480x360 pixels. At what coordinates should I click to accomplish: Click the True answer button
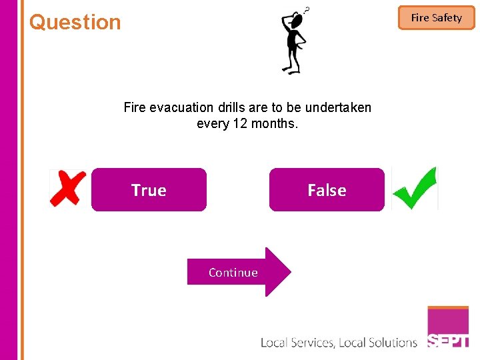click(149, 190)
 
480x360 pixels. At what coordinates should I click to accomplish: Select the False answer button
click(327, 190)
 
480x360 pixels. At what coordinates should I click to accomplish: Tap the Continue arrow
click(239, 272)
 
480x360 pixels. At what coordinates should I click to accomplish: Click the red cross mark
click(69, 188)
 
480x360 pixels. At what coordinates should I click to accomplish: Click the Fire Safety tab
click(436, 18)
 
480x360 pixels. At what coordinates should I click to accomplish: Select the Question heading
click(75, 22)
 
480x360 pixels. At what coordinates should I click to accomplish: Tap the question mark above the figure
click(307, 9)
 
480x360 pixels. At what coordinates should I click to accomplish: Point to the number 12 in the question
click(241, 123)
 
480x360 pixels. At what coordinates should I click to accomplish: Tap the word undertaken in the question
click(338, 107)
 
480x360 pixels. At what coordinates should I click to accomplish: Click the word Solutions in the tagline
click(392, 343)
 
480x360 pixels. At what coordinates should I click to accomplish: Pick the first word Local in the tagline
click(274, 343)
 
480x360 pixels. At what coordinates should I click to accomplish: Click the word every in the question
click(213, 124)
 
